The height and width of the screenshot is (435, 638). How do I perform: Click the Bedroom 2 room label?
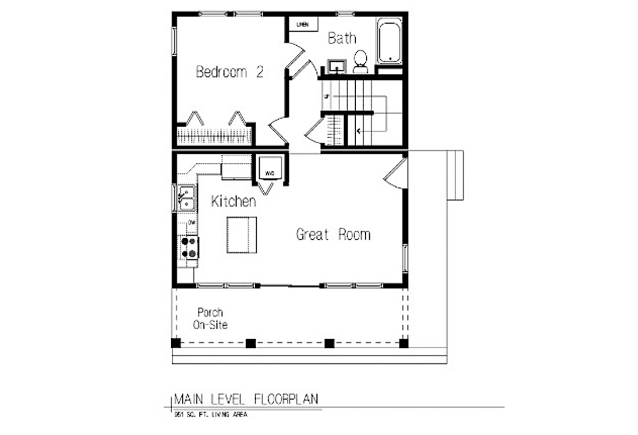coord(230,72)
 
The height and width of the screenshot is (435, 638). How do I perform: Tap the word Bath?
coord(341,38)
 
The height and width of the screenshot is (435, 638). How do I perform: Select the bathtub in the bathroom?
coord(389,41)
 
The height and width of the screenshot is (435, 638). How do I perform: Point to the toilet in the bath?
coord(360,61)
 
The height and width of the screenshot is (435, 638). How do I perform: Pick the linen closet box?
coord(303,24)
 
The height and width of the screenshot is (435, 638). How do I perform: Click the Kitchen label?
coord(233,202)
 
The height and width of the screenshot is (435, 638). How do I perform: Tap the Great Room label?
coord(333,235)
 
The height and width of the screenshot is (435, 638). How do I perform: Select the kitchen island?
coord(241,235)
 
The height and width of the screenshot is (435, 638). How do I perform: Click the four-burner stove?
coord(189,247)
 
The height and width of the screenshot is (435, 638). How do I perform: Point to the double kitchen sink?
coord(186,198)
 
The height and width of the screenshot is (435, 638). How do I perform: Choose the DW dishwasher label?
coord(192,222)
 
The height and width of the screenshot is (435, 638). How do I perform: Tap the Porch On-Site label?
coord(210,319)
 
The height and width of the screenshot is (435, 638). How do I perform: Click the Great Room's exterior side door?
coord(396,174)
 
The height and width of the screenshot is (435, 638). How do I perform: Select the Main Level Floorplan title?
coord(247,399)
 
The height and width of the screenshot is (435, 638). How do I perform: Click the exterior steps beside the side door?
coord(455,175)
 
